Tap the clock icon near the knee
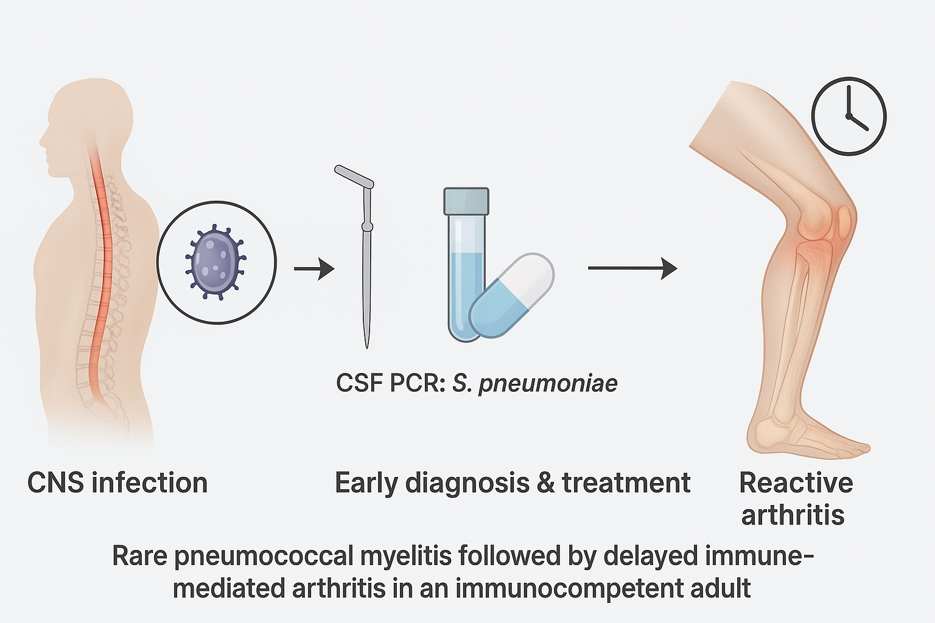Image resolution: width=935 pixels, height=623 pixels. point(849,116)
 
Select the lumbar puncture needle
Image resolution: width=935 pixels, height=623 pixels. point(366,268)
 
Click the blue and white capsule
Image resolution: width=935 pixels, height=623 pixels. point(511,296)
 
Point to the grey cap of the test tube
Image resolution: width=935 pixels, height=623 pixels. point(466,201)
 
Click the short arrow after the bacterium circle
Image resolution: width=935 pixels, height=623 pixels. point(314,268)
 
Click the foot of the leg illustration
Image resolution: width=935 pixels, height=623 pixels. point(810,435)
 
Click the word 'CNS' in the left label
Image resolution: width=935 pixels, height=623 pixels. point(55,483)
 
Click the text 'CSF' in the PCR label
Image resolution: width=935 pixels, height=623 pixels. point(359,383)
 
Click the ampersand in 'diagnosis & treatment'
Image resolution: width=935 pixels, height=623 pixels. point(546,483)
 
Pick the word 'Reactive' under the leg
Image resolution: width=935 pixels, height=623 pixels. point(796,483)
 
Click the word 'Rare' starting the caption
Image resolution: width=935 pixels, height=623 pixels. point(139,556)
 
